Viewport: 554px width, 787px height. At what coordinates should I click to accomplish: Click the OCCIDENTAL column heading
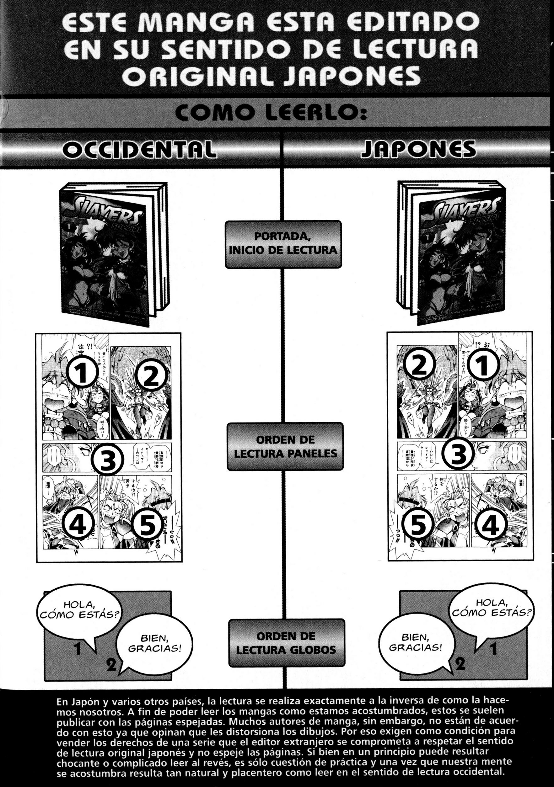(x=140, y=150)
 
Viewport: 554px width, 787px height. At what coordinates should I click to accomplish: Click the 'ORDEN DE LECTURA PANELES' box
(x=285, y=447)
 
